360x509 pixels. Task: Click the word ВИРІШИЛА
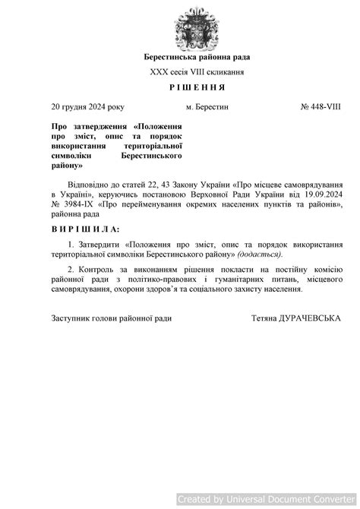85,228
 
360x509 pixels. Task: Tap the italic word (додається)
260,254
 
